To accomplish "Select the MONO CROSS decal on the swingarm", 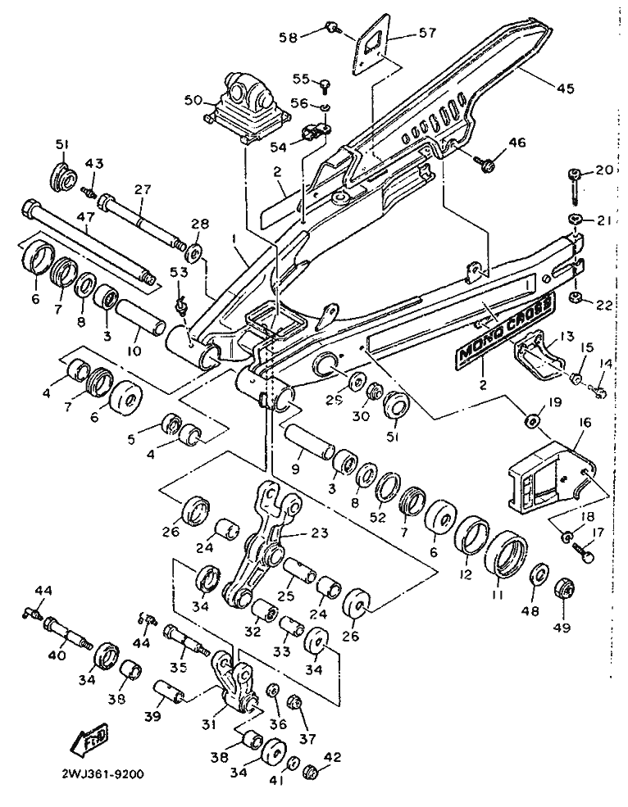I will (501, 329).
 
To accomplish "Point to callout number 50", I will (193, 100).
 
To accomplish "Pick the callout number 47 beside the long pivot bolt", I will (86, 219).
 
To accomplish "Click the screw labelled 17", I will (585, 554).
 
